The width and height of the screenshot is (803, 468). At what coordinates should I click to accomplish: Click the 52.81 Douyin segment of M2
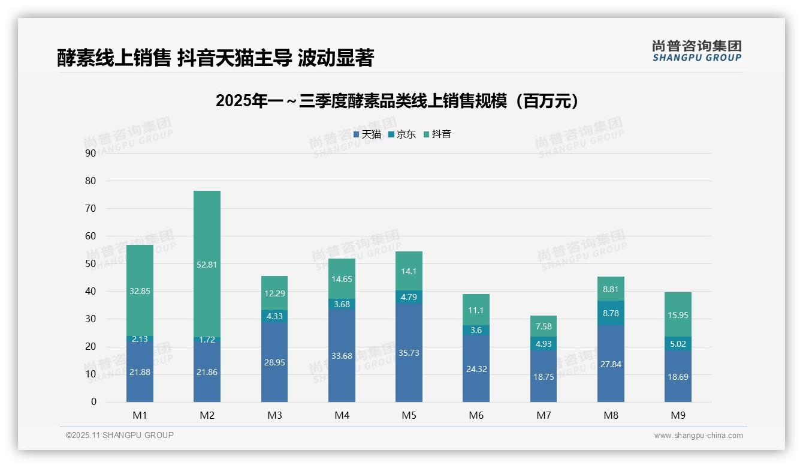click(207, 264)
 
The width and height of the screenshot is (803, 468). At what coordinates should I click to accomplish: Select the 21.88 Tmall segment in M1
click(140, 372)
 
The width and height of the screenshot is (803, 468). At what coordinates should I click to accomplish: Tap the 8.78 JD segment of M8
click(611, 313)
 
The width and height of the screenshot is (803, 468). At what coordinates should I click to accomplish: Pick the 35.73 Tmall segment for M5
click(409, 353)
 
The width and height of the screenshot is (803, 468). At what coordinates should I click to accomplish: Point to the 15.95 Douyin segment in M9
click(678, 315)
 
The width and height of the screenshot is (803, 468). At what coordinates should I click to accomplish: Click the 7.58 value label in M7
click(544, 326)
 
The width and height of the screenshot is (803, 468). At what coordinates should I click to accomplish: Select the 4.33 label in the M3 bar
click(274, 316)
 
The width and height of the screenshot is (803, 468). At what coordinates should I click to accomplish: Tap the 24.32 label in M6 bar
click(476, 369)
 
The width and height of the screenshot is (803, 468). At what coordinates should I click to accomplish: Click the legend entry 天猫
click(367, 134)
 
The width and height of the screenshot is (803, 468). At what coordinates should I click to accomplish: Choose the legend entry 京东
click(402, 134)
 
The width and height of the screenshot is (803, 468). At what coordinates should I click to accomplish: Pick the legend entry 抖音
click(437, 134)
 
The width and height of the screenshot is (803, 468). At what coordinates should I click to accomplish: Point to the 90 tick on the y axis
click(90, 153)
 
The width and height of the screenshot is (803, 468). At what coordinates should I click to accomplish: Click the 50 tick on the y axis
click(90, 263)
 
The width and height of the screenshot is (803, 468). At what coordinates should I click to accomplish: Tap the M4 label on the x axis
click(342, 415)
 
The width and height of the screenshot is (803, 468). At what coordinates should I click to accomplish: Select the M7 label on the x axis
click(544, 415)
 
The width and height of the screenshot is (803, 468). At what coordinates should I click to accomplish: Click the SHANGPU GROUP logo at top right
click(696, 51)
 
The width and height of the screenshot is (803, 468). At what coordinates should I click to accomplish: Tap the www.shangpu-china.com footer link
click(698, 436)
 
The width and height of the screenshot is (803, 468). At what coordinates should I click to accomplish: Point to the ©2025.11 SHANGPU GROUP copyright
click(120, 435)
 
